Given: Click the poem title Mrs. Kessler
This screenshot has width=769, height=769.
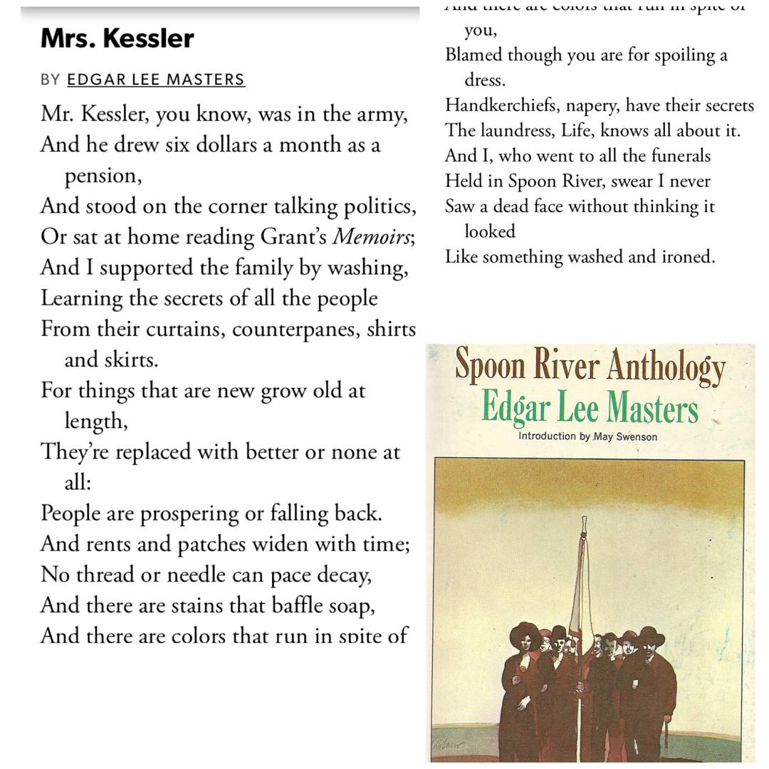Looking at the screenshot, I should pyautogui.click(x=117, y=38).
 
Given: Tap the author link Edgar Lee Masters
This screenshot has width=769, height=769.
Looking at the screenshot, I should pyautogui.click(x=156, y=80).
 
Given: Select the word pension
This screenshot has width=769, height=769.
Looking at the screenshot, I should pyautogui.click(x=103, y=176).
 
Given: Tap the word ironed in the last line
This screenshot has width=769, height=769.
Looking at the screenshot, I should pyautogui.click(x=688, y=257).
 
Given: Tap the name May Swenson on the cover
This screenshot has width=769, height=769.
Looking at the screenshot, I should pyautogui.click(x=627, y=436).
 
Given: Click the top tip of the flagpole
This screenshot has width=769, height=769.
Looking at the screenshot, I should pyautogui.click(x=584, y=520).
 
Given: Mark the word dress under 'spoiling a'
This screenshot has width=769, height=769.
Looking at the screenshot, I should pyautogui.click(x=484, y=80).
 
